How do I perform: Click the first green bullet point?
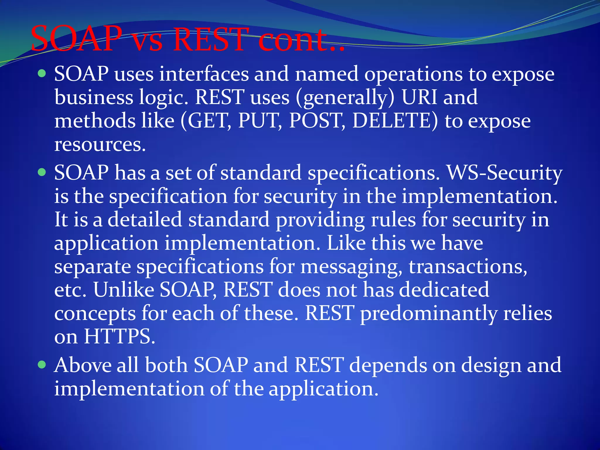[x=42, y=73]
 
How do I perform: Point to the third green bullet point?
[x=42, y=364]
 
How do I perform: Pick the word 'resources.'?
[x=100, y=144]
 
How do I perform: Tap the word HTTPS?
[x=119, y=336]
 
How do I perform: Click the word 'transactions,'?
[x=468, y=267]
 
